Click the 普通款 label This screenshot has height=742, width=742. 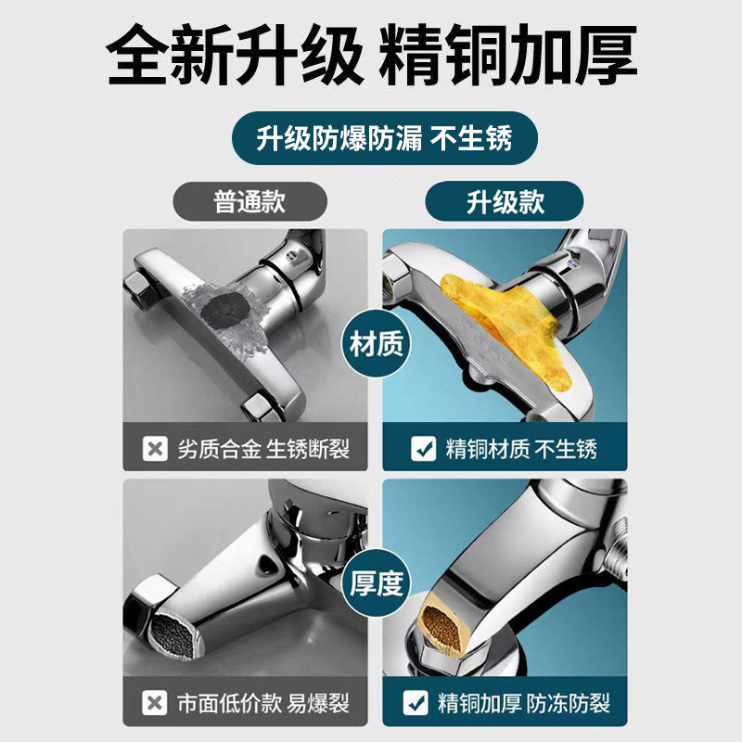tap(249, 202)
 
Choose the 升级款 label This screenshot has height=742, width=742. tap(505, 202)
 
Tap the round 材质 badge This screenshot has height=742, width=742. tap(377, 346)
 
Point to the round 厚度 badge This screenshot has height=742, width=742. tap(377, 583)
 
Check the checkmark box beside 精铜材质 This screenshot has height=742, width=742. tap(424, 451)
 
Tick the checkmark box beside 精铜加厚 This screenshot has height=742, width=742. tap(424, 703)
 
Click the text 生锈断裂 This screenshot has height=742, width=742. tap(314, 451)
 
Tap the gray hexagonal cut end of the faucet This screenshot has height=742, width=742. tap(168, 622)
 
